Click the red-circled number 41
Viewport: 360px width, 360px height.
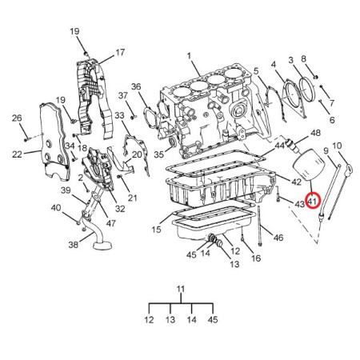314,201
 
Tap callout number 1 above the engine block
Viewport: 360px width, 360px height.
189,56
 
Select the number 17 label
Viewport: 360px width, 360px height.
120,52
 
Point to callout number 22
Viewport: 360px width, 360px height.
17,154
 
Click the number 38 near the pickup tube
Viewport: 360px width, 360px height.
74,244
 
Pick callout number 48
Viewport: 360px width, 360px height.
315,133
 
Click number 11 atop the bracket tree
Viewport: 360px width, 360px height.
181,289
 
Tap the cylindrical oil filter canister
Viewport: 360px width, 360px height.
310,166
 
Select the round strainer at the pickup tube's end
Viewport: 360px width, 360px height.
102,245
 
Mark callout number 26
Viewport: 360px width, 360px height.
17,118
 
